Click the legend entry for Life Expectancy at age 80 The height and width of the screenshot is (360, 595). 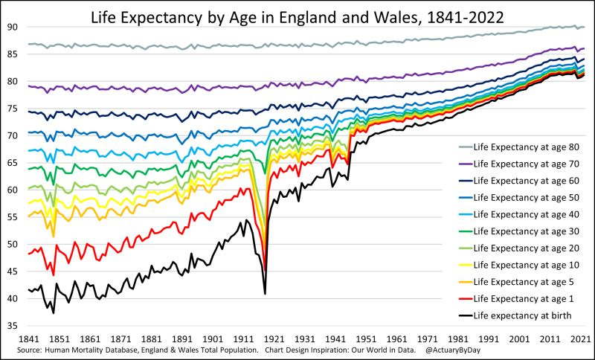[527, 148]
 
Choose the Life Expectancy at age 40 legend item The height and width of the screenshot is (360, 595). [527, 215]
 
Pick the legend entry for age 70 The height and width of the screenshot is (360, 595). [527, 164]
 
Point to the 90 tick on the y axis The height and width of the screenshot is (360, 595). [13, 27]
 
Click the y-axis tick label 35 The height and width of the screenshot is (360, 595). [13, 326]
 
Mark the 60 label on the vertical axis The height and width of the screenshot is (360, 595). [13, 190]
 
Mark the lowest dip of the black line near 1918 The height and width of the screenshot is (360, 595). [265, 294]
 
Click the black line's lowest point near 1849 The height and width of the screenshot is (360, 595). [54, 312]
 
